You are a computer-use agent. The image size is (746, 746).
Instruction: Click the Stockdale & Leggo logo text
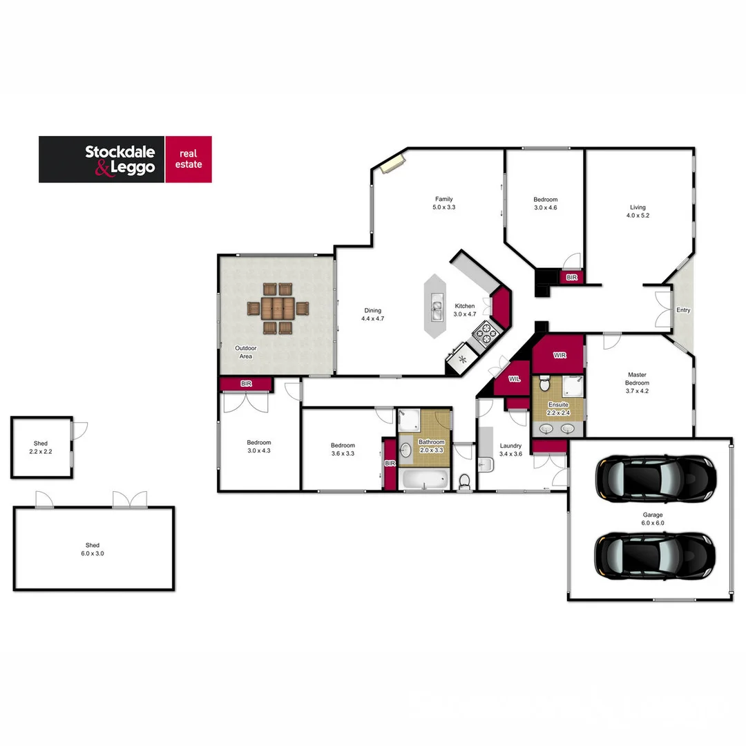click(120, 160)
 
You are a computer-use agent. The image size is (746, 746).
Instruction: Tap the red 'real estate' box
click(189, 159)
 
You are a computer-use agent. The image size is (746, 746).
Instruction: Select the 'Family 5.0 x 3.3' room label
click(443, 203)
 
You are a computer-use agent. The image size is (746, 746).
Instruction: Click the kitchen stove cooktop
click(486, 334)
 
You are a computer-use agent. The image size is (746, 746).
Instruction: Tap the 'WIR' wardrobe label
click(559, 355)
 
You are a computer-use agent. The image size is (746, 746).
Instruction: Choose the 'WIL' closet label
click(514, 379)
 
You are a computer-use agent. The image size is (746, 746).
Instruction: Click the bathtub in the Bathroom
click(425, 479)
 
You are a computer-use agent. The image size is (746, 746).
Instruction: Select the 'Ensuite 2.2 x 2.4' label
click(558, 408)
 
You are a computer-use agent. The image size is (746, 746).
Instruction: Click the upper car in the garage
click(656, 478)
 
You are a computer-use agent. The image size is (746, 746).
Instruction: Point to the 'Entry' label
click(683, 310)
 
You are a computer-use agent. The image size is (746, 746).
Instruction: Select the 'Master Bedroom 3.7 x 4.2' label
click(637, 383)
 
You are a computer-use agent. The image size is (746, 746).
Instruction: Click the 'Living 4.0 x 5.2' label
click(637, 211)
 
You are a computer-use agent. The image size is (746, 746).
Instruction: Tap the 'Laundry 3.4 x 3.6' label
click(510, 450)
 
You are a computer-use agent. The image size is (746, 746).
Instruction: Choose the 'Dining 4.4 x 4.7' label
click(372, 315)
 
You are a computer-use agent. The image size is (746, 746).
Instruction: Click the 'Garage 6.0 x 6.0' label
click(653, 519)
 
